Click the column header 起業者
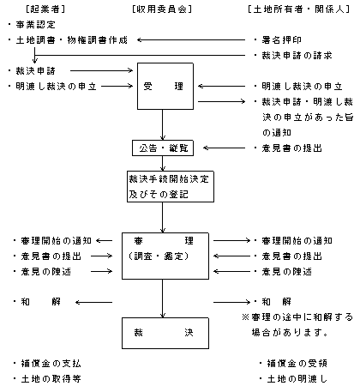click(x=45, y=9)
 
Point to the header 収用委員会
click(x=162, y=9)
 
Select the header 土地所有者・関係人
click(x=299, y=9)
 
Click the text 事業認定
click(x=35, y=25)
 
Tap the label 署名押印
click(x=282, y=40)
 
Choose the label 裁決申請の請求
click(x=297, y=55)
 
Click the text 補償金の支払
click(x=51, y=364)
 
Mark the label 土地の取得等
click(x=51, y=379)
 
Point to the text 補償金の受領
click(x=297, y=364)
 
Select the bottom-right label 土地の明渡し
click(x=297, y=379)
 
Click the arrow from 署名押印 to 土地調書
click(x=191, y=40)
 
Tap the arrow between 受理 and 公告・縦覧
click(x=163, y=124)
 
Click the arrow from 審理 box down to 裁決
click(x=163, y=299)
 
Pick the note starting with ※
click(x=297, y=325)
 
